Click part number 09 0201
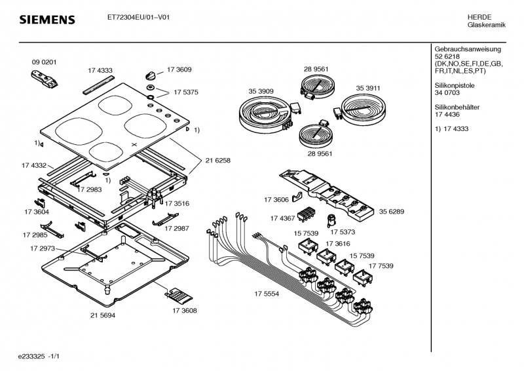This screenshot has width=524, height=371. (44, 62)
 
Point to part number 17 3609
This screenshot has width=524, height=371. (179, 69)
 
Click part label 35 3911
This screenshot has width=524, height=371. (368, 87)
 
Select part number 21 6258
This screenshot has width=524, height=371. (217, 160)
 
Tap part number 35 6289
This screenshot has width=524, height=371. (391, 212)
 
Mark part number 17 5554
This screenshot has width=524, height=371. (267, 294)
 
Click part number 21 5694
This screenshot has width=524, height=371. (103, 315)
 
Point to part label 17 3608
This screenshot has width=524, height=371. (184, 310)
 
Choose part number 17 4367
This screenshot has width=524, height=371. (283, 218)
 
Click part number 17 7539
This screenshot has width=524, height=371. (381, 265)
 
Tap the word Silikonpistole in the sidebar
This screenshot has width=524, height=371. (454, 85)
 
